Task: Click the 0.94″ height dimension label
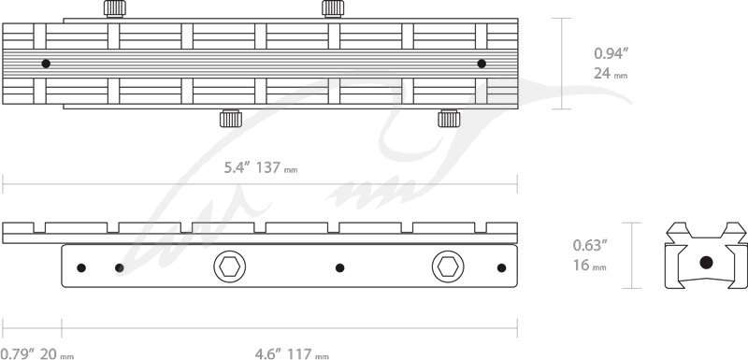pyautogui.click(x=609, y=53)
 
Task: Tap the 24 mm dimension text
pyautogui.click(x=611, y=74)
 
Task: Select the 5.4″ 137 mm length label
pyautogui.click(x=261, y=167)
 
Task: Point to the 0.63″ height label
pyautogui.click(x=590, y=245)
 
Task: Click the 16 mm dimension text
pyautogui.click(x=590, y=265)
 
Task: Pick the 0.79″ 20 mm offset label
pyautogui.click(x=36, y=353)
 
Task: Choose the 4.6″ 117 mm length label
pyautogui.click(x=292, y=353)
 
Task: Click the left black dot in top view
pyautogui.click(x=46, y=64)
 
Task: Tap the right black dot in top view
pyautogui.click(x=482, y=64)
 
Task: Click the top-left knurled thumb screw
pyautogui.click(x=115, y=8)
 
